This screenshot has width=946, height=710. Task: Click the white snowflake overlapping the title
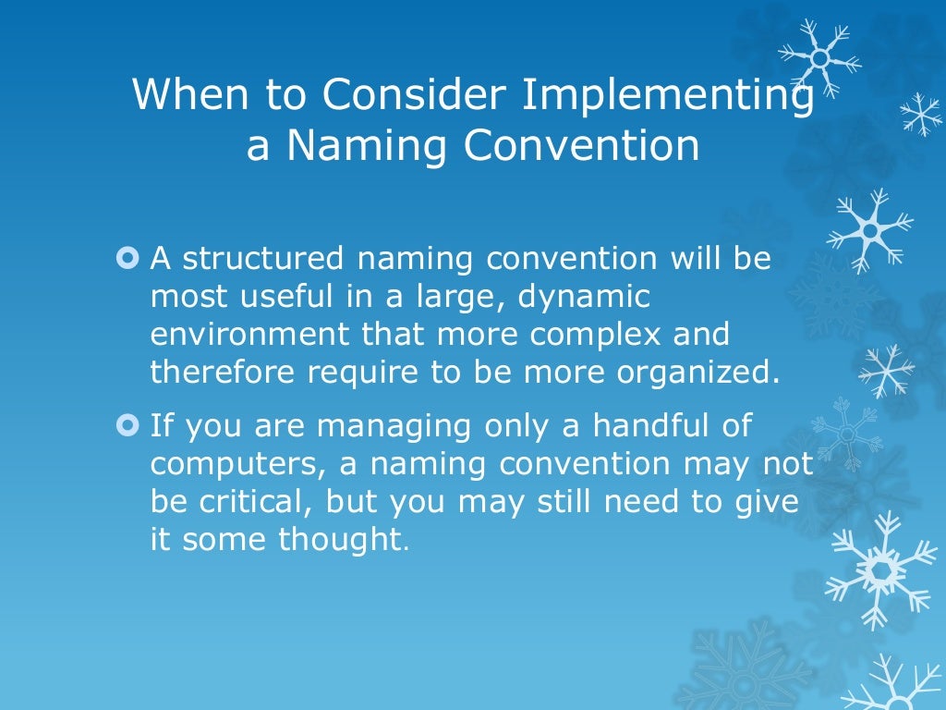(x=819, y=57)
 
